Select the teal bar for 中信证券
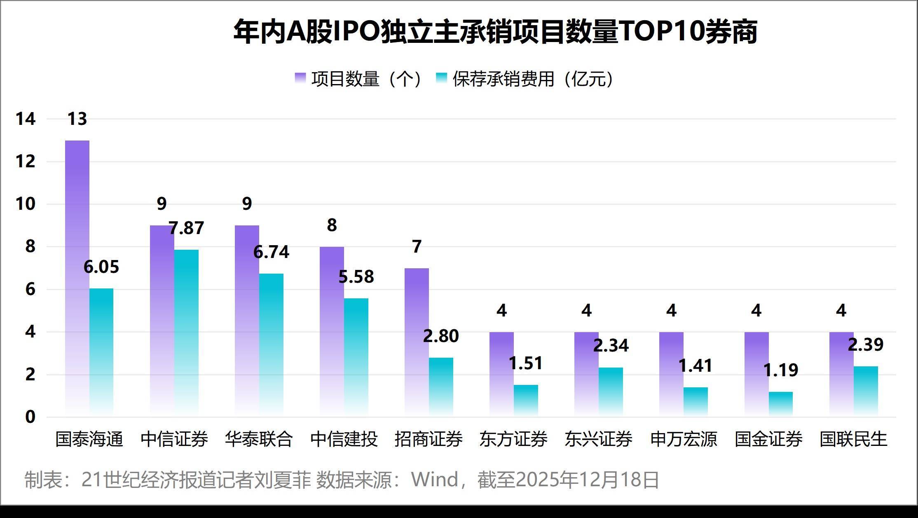tap(186, 332)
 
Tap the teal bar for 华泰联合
tap(271, 344)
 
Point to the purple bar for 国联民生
tap(841, 373)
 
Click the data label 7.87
tap(187, 228)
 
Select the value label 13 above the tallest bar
tap(77, 119)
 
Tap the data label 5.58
tap(356, 277)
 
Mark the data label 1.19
tap(781, 370)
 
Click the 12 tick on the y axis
tap(26, 162)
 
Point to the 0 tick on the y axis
tap(30, 417)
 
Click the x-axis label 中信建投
tap(344, 439)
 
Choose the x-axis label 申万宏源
tap(684, 439)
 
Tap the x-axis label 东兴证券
tap(598, 439)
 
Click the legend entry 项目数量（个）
tap(358, 79)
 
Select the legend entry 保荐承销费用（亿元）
tap(525, 79)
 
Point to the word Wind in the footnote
tap(435, 480)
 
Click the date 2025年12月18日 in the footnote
tap(587, 480)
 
